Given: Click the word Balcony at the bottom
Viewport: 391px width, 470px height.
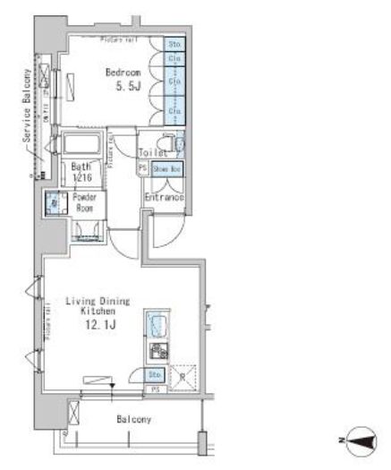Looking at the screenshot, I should (132, 419).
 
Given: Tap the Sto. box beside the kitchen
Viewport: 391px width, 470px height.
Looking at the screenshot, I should (154, 375).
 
